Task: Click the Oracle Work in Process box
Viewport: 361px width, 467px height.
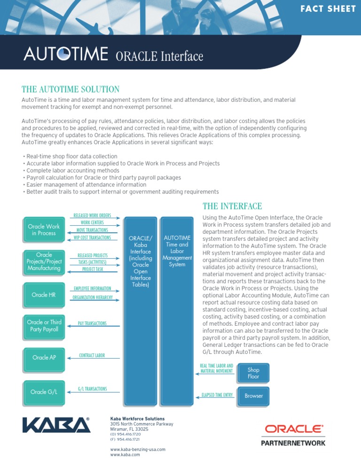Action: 44,230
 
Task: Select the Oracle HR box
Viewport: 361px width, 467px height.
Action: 43,295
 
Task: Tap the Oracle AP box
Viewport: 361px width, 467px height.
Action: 44,357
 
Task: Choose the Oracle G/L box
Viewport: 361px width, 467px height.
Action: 44,392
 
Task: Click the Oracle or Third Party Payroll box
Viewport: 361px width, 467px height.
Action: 44,326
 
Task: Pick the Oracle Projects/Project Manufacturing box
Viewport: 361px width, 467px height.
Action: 44,262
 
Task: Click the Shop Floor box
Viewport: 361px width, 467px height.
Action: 253,373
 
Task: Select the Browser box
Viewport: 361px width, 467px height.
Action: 253,396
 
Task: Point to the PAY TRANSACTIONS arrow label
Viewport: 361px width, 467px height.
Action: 92,323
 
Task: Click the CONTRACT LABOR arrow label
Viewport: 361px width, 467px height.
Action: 92,355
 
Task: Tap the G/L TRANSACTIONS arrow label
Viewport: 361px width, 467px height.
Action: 92,389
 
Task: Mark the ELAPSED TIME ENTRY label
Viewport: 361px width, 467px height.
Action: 217,395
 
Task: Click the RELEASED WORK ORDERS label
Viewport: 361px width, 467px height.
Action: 92,215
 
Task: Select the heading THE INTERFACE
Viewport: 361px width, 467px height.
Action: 232,206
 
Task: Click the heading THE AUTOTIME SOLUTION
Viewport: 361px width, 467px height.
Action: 71,89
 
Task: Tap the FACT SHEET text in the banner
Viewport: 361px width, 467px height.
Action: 329,9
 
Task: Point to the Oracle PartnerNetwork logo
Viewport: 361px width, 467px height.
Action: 293,435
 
